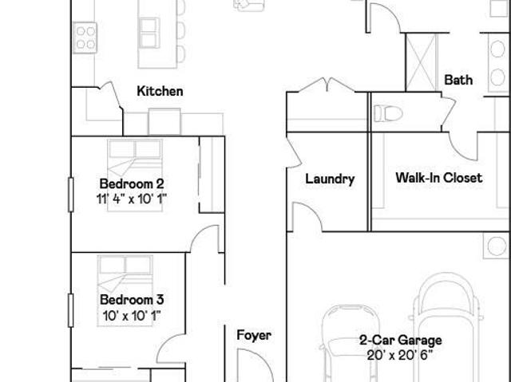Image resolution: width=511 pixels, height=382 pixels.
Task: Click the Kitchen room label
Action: pos(160,91)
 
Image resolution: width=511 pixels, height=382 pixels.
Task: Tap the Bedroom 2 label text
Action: pos(132,184)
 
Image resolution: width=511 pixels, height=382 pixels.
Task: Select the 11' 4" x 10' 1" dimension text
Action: pos(131,199)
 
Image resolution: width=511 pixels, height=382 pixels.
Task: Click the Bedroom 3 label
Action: pos(132,300)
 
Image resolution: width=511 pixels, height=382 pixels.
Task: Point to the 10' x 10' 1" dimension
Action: pos(131,315)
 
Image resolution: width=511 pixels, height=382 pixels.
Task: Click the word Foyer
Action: pos(254,336)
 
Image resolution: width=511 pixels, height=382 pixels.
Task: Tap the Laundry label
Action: pos(330,179)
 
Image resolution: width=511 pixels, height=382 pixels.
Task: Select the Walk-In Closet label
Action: pos(439,178)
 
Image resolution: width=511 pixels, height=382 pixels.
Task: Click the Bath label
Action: pos(458,80)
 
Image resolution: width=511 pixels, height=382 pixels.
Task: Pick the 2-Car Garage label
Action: pos(401,341)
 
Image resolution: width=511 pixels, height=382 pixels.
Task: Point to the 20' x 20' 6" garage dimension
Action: pos(400,356)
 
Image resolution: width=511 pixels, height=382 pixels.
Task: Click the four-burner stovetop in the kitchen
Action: pos(85,37)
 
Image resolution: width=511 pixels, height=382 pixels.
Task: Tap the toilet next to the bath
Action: pos(388,113)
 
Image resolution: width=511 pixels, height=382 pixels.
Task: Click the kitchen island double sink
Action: pos(149,33)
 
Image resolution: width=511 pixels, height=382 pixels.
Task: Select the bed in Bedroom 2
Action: pos(135,175)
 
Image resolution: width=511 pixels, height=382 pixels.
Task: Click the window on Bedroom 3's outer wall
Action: pos(70,310)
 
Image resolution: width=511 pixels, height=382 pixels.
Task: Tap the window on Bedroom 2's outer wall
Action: pos(70,195)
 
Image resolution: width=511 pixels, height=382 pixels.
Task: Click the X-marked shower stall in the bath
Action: pos(422,62)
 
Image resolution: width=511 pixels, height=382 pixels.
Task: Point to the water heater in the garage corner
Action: pos(496,246)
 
